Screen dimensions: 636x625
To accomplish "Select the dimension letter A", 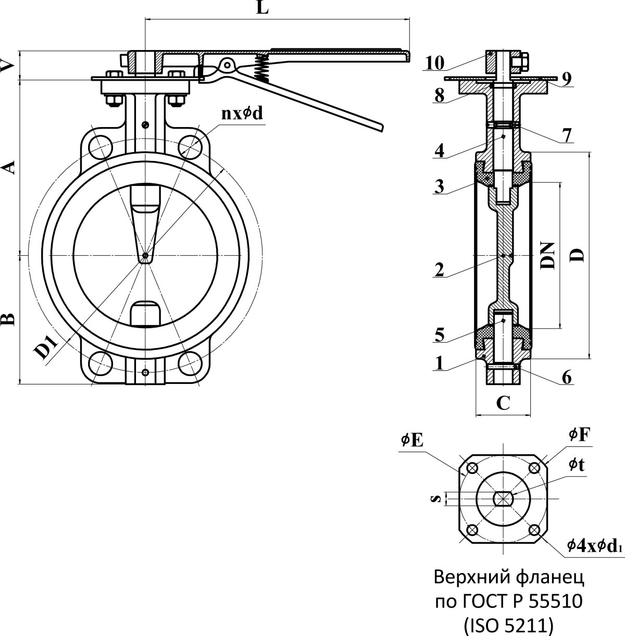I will pos(8,167).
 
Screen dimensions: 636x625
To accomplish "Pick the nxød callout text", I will pos(243,114).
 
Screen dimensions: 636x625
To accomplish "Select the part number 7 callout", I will pos(567,135).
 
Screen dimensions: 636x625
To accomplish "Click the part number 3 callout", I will pos(440,186).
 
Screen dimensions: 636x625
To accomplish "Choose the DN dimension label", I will pos(547,255).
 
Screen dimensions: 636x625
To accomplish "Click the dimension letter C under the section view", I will pos(503,402).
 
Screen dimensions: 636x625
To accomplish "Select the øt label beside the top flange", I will pos(576,464).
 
